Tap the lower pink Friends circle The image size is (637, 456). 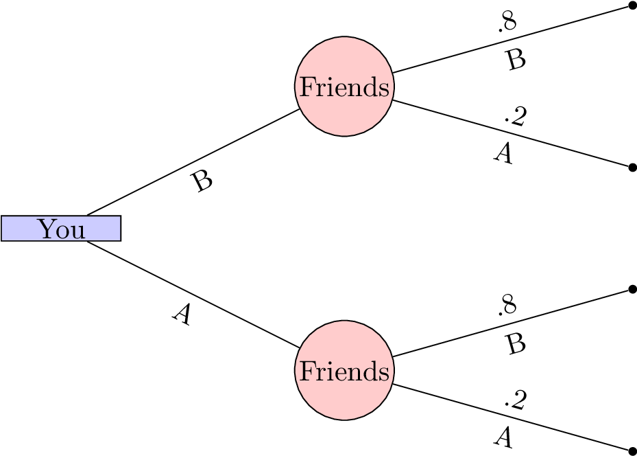click(344, 398)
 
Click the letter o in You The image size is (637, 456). click(62, 231)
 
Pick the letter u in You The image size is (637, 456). click(77, 231)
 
